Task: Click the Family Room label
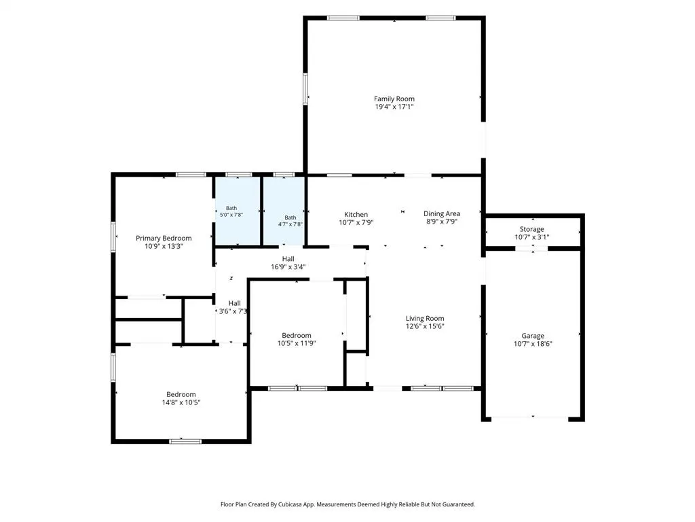tap(394, 99)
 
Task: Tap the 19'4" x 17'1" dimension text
tap(394, 107)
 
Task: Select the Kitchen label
tap(356, 214)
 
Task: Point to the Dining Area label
tap(441, 213)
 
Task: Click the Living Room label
tap(425, 318)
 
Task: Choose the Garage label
tap(533, 336)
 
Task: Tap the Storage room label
tap(532, 229)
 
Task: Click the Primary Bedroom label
tap(164, 239)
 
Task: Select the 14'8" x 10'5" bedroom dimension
tap(181, 402)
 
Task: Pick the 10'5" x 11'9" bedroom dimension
tap(297, 343)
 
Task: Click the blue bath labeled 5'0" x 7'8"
tap(238, 211)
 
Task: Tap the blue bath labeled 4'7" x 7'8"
tap(284, 211)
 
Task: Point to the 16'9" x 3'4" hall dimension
tap(288, 266)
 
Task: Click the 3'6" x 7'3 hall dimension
tap(233, 311)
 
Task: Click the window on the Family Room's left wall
tap(305, 89)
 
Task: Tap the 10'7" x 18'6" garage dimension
tap(533, 343)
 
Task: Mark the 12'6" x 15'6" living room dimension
tap(425, 326)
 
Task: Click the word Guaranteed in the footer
tap(459, 504)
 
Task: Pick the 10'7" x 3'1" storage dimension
tap(532, 237)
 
